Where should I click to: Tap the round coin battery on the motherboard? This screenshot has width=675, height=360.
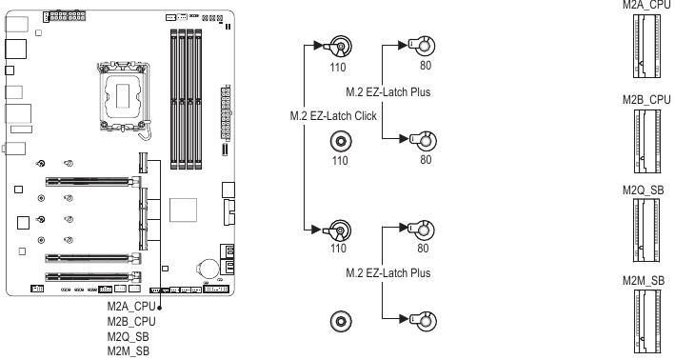tap(207, 270)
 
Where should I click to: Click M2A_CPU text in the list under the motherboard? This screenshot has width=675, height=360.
tap(131, 308)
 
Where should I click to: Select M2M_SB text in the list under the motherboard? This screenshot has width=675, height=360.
tap(129, 351)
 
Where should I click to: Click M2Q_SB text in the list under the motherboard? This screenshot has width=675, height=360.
tap(129, 336)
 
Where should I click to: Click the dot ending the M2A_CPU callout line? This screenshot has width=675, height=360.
tap(160, 308)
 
